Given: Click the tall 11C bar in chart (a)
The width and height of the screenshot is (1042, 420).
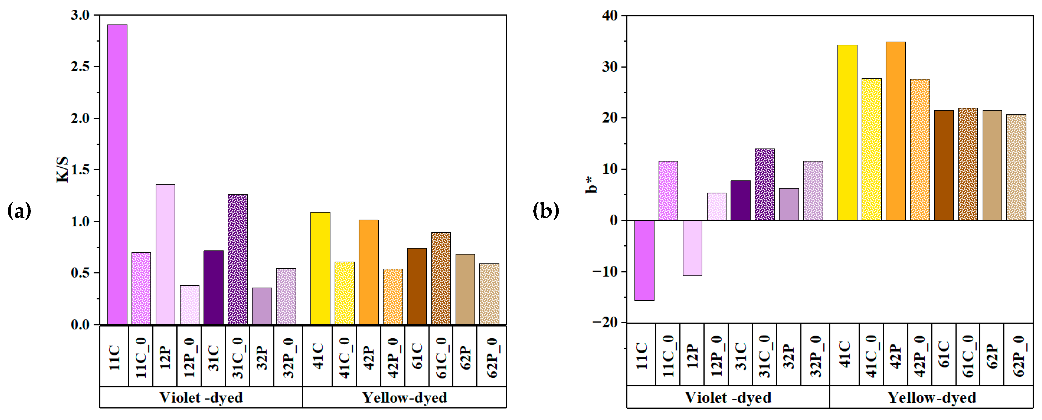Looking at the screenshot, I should (x=117, y=174).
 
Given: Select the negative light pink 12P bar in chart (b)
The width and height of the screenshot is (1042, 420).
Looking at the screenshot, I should (x=692, y=248).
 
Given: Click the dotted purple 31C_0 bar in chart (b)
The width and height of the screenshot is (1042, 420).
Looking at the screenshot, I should (x=764, y=184).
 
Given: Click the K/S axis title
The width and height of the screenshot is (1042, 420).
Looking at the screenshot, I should (x=62, y=170).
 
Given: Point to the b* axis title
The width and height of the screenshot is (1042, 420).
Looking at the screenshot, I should (x=591, y=185).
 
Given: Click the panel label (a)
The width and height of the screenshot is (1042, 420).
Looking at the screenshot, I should (x=19, y=211).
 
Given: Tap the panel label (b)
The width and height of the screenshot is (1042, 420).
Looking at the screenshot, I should (x=546, y=211).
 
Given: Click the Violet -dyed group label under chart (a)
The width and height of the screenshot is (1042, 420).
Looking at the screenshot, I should (x=201, y=397).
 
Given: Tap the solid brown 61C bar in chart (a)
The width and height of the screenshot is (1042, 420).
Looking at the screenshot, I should (x=417, y=286).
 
